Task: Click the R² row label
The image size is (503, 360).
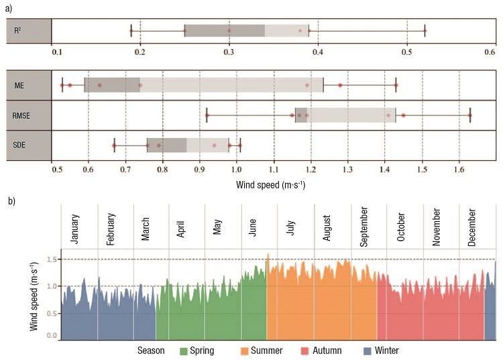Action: pos(17,30)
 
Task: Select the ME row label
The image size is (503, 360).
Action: pos(19,86)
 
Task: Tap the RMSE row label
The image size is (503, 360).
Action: pos(21,115)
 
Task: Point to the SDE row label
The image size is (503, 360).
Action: pos(19,145)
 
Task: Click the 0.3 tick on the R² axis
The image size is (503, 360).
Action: pos(229,52)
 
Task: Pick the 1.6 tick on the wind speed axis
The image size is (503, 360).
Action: pos(459,169)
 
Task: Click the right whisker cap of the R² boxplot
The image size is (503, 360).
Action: pos(425,30)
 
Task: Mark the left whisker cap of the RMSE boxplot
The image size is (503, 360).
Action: pos(207,115)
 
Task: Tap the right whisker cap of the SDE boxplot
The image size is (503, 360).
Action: pos(240,145)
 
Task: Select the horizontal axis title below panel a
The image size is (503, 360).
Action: pos(271,185)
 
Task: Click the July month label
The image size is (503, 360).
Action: pos(290,227)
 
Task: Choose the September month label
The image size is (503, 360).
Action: pos(364,227)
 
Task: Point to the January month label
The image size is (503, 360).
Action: pos(74,229)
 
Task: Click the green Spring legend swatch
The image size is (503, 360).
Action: pos(184,351)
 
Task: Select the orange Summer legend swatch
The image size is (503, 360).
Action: pos(244,351)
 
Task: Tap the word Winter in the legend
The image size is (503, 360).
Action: pos(386,351)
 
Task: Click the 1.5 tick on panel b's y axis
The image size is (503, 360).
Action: pos(52,259)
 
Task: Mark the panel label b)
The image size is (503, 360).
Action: pos(11,201)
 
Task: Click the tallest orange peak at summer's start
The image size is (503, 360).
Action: pos(268,254)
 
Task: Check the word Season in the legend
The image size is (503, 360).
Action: pos(151,351)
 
